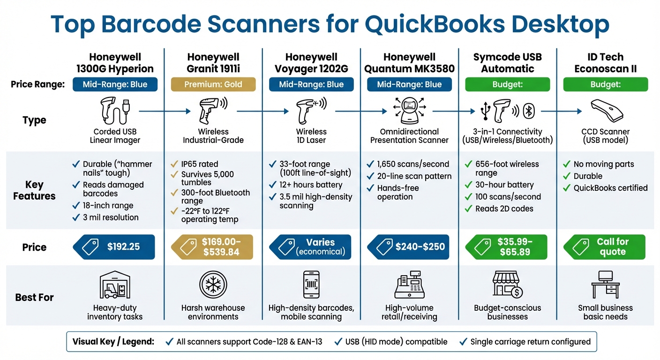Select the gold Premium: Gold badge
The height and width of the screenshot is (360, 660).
(x=213, y=84)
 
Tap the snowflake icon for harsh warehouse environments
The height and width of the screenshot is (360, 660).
(x=213, y=285)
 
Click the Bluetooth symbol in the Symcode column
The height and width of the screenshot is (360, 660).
(x=529, y=112)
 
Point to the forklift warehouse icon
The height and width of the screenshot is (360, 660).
(x=115, y=285)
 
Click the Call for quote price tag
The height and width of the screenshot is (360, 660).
(x=605, y=247)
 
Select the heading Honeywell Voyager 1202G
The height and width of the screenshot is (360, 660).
(x=311, y=63)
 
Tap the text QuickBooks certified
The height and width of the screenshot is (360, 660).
(x=610, y=188)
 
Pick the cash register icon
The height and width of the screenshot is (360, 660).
(x=409, y=285)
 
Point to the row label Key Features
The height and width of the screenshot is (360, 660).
(x=34, y=190)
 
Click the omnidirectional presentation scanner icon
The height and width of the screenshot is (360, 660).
(x=409, y=111)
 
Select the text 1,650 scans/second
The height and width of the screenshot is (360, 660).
(x=413, y=164)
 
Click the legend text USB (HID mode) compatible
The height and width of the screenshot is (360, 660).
(x=396, y=342)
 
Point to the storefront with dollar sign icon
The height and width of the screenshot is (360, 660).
(x=507, y=285)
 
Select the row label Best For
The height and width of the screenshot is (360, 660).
(x=34, y=297)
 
